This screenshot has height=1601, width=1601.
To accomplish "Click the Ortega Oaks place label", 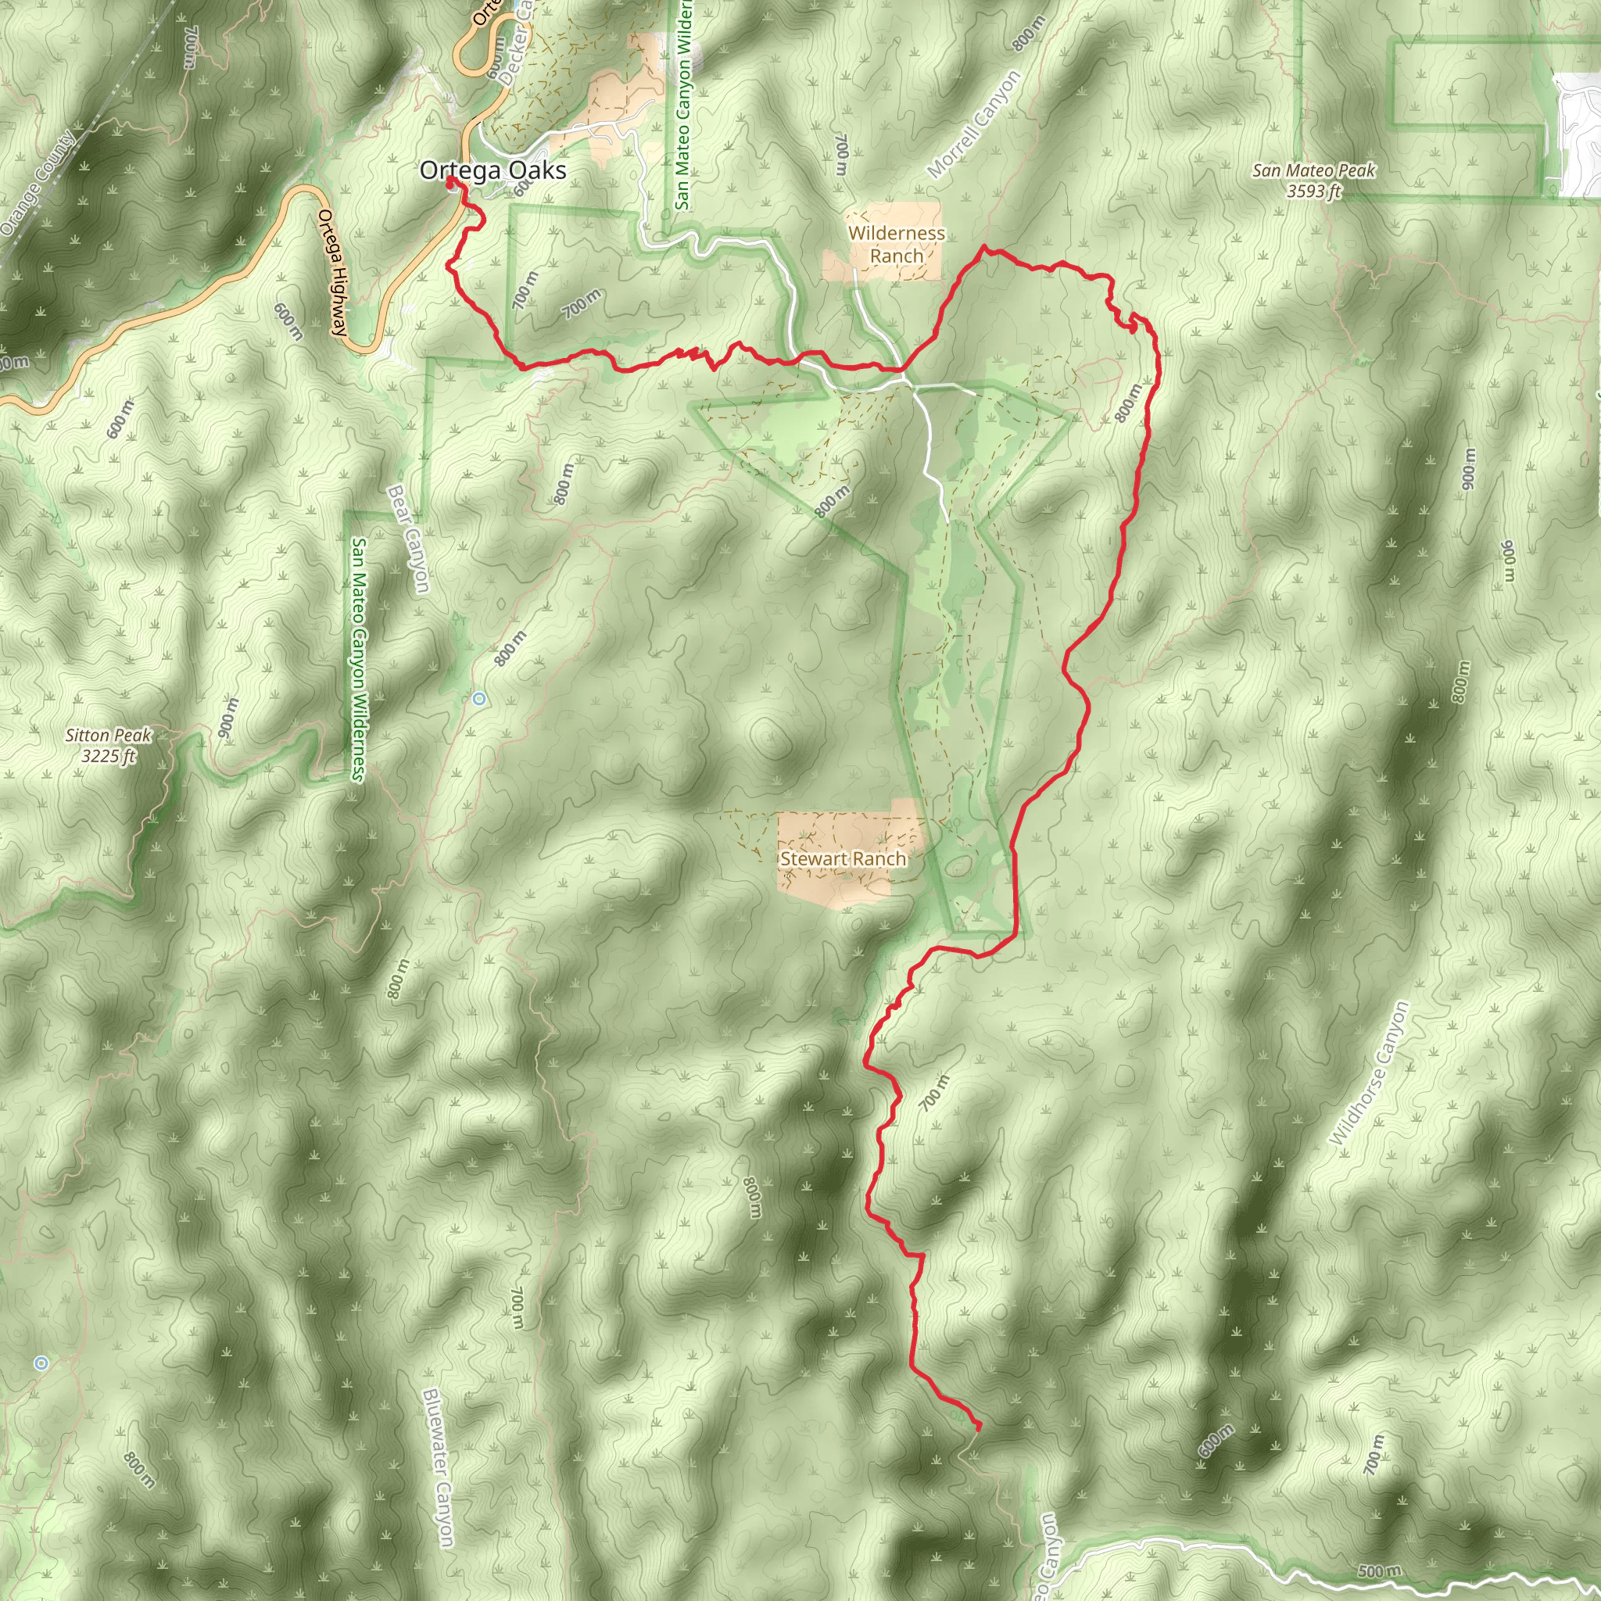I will (493, 170).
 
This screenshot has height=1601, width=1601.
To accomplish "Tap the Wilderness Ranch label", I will (897, 245).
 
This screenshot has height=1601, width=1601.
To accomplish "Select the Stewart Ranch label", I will (843, 858).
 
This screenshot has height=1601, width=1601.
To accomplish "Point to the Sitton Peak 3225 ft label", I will (109, 745).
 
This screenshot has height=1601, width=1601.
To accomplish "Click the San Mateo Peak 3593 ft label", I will (1313, 181).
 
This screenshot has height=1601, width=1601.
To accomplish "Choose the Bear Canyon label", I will (409, 539).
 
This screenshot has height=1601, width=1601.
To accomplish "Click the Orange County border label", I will (38, 183).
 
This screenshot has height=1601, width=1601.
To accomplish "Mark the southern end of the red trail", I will (979, 1427).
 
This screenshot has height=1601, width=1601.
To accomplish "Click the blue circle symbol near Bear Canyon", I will (479, 700).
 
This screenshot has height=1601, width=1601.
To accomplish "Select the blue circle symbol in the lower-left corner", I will (41, 1363).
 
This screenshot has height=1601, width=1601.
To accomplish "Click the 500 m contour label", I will (1380, 1571).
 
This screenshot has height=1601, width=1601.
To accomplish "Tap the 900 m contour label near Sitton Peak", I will (228, 718).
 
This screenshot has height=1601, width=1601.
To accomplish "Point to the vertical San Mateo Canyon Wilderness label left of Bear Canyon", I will (359, 659).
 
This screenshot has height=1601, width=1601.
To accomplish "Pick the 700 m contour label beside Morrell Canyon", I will (841, 155).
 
